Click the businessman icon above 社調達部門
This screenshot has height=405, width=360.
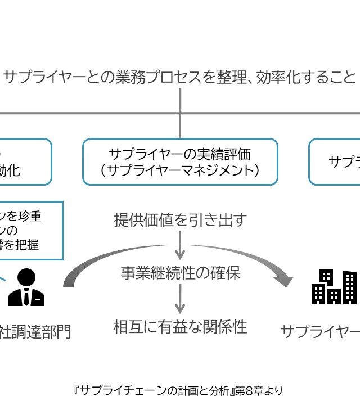(26, 287)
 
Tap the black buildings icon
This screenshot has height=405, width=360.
(334, 286)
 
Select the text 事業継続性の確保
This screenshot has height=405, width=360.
(180, 273)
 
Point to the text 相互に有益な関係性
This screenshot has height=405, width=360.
(180, 326)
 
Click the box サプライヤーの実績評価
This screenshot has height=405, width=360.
(180, 161)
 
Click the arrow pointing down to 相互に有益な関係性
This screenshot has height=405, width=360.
(180, 299)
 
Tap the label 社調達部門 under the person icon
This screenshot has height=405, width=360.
(37, 331)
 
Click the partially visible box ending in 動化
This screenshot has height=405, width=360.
(22, 161)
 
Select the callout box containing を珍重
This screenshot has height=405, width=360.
(28, 230)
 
